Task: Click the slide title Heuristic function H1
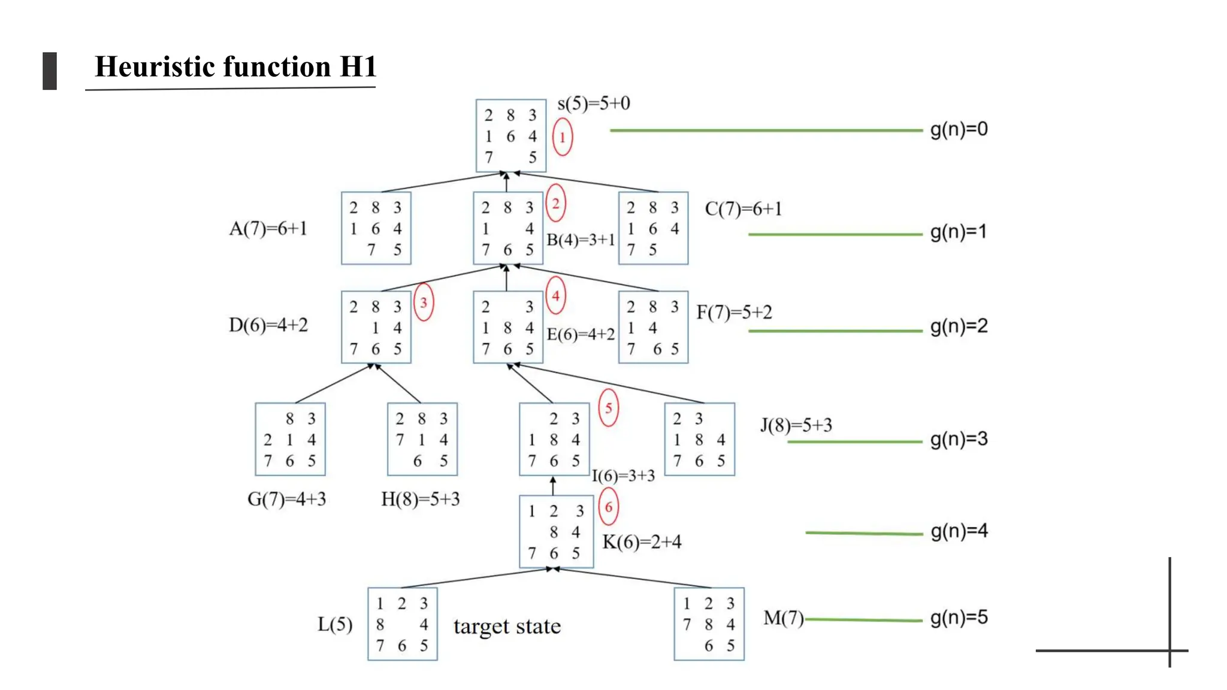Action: pos(235,66)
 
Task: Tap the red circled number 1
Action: pos(562,137)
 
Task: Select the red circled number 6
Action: pos(608,507)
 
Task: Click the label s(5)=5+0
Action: pos(593,104)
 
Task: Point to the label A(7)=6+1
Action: pos(268,228)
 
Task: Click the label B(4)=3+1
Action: pos(581,240)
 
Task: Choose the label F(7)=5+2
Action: pos(734,312)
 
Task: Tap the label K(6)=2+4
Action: pos(642,542)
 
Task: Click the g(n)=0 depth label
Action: pos(959,129)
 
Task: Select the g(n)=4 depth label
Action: pos(959,531)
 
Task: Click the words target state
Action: pos(507,627)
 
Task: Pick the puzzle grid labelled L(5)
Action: pos(402,624)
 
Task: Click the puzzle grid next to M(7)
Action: pos(709,624)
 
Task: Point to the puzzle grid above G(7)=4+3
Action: pos(290,439)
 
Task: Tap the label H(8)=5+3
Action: pos(420,499)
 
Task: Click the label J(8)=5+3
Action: pos(796,425)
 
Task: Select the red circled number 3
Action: pos(424,302)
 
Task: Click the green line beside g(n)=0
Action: pos(766,130)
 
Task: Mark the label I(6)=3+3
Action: pos(623,476)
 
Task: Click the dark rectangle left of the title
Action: pos(50,71)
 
